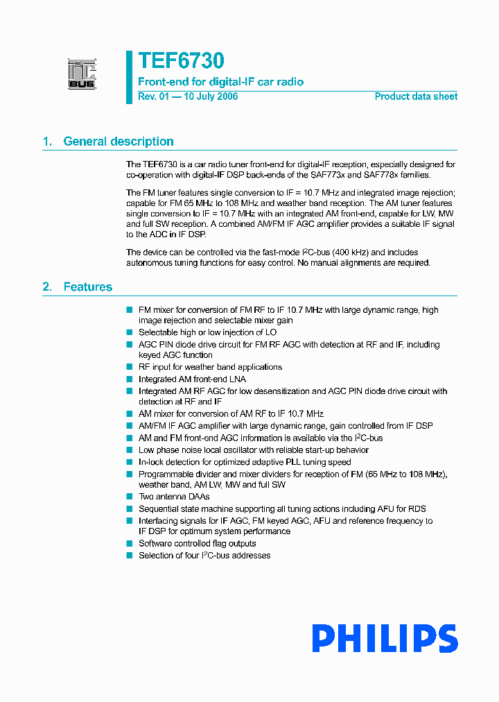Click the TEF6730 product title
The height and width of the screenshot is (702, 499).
tap(180, 62)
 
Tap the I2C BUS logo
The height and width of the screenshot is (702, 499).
tap(82, 74)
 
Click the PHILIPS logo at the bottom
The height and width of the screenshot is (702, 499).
tap(384, 638)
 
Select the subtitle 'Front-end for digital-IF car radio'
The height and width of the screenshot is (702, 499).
tap(220, 82)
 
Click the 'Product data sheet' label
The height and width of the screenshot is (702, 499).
tap(416, 96)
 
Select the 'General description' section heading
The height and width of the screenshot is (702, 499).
tap(119, 142)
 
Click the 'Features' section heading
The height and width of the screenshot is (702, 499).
tap(87, 286)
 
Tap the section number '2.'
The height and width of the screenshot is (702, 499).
tap(48, 286)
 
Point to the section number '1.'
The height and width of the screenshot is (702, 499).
tap(48, 142)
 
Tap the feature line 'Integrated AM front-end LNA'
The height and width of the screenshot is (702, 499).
tap(192, 379)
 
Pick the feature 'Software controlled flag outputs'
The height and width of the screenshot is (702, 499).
tap(197, 544)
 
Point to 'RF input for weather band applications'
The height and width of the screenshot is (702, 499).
tap(210, 367)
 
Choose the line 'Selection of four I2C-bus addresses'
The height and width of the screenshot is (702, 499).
tap(204, 556)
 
